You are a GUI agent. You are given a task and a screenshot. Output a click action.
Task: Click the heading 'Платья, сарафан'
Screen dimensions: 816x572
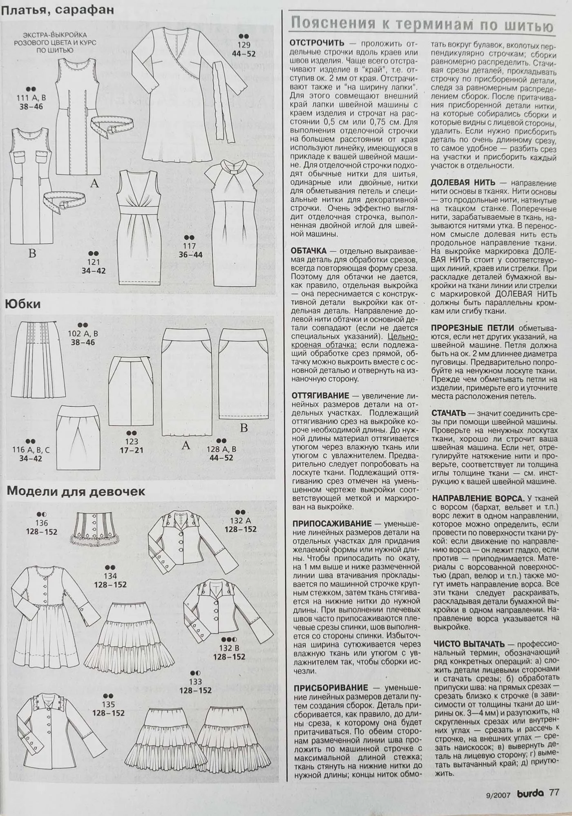click(57, 10)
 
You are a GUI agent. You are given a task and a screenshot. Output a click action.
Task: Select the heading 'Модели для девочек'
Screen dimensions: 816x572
click(76, 491)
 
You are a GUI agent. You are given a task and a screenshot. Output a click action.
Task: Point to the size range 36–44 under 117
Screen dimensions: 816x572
click(190, 255)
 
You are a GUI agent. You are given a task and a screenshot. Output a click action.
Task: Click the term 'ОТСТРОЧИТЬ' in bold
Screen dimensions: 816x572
click(317, 43)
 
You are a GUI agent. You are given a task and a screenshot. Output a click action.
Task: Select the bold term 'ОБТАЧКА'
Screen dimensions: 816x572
click(308, 250)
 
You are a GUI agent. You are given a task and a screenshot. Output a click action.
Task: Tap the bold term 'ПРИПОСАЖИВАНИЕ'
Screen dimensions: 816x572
click(332, 523)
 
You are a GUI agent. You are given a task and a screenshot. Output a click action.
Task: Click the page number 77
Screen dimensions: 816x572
click(554, 793)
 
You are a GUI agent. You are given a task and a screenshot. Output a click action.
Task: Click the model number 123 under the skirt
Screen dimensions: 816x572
click(132, 441)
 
